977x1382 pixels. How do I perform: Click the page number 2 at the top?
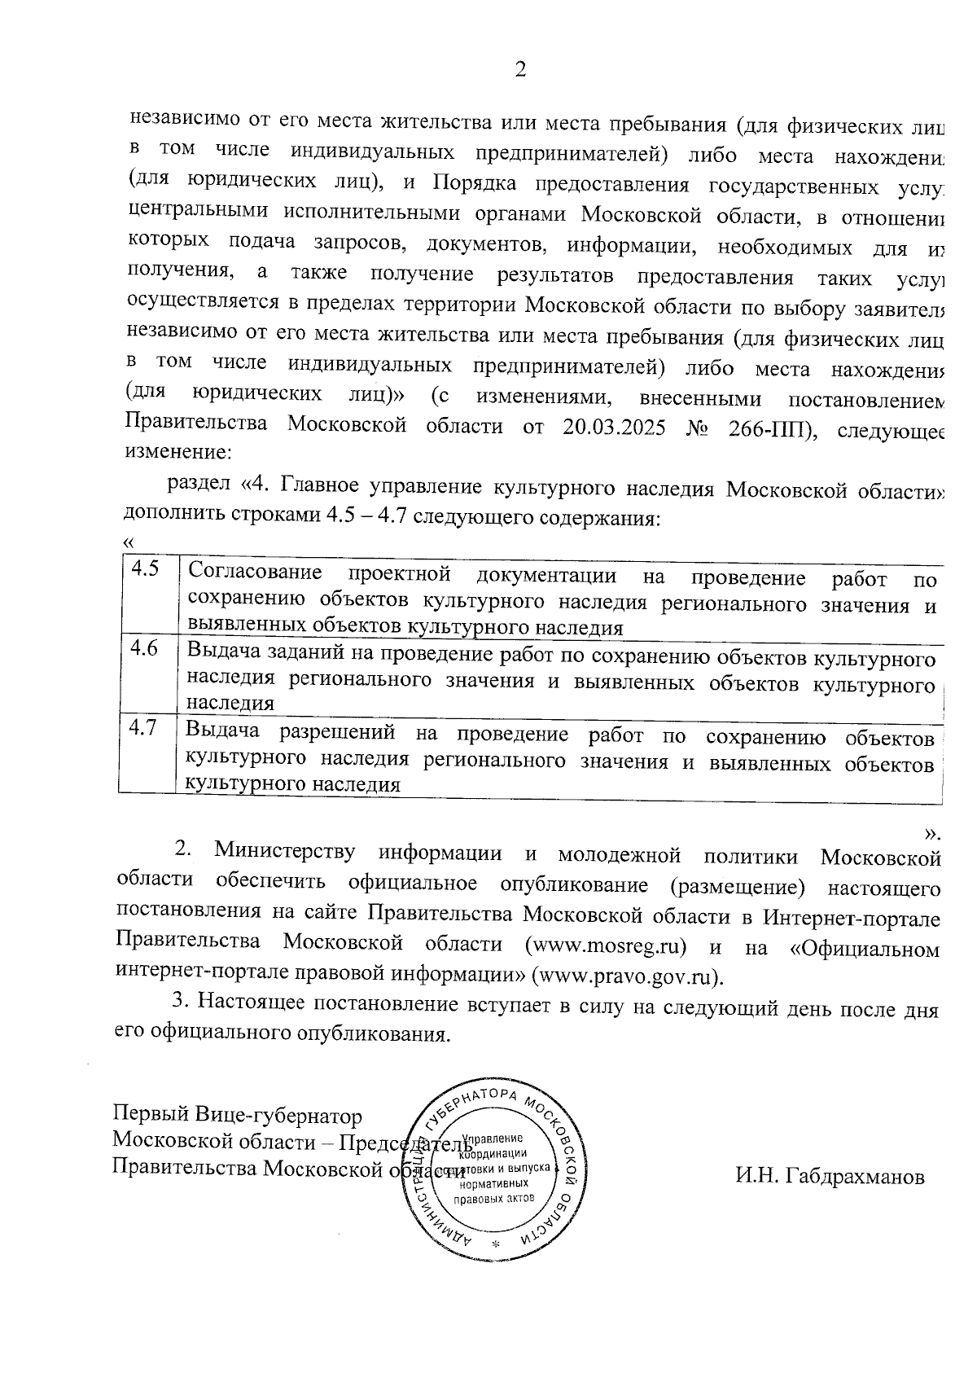pyautogui.click(x=520, y=69)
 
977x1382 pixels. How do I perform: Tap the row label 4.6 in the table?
pyautogui.click(x=144, y=648)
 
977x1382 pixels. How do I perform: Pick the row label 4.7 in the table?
pyautogui.click(x=143, y=727)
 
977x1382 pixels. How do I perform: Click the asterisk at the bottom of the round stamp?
pyautogui.click(x=495, y=1245)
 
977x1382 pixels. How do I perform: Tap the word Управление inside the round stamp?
pyautogui.click(x=492, y=1138)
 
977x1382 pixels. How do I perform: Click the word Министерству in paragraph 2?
pyautogui.click(x=285, y=853)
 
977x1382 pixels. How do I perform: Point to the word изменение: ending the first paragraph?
pyautogui.click(x=178, y=450)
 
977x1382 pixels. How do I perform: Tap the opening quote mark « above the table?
pyautogui.click(x=127, y=542)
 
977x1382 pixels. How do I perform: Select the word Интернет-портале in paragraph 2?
pyautogui.click(x=851, y=918)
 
